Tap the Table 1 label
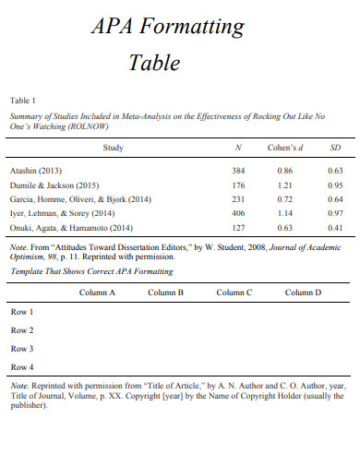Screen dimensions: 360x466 [x=23, y=100]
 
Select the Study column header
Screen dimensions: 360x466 [x=113, y=148]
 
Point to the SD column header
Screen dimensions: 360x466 [x=335, y=148]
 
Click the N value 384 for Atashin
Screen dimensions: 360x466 [x=238, y=171]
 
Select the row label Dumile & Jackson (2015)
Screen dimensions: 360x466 [x=54, y=185]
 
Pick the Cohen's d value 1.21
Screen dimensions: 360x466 [x=284, y=185]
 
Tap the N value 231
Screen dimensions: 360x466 [x=238, y=198]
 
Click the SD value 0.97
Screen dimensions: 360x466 [x=335, y=212]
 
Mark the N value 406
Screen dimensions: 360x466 [x=238, y=212]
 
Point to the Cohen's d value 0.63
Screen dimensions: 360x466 [x=284, y=227]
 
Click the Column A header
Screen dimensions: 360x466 [x=97, y=293]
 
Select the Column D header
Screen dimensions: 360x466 [x=303, y=293]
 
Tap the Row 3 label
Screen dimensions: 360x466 [x=22, y=349]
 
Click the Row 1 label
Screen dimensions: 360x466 [x=22, y=312]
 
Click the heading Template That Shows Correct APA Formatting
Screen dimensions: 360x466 [x=91, y=272]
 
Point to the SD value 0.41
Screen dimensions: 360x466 [x=335, y=227]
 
